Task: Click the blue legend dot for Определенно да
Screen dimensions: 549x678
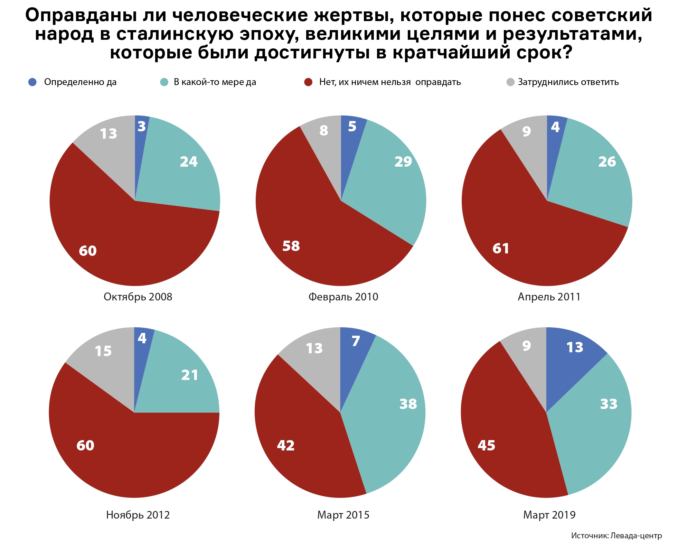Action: coord(32,82)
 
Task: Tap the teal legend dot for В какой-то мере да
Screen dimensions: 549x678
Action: coord(164,82)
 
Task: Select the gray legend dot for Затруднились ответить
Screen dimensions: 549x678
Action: coord(510,82)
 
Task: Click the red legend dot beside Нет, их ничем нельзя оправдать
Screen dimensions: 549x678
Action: coord(308,82)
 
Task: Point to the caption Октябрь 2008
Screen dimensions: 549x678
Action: coord(138,297)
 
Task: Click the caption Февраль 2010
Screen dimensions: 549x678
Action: coord(343,297)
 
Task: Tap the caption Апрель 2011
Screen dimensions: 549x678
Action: coord(549,297)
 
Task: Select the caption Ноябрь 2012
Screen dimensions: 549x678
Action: coord(138,515)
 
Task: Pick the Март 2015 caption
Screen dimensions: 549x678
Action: coord(343,515)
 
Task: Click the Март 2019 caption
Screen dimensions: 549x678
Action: coord(549,515)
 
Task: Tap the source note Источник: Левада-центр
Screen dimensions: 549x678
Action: coord(616,536)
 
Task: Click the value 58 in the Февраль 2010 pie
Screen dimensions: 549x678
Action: coord(291,246)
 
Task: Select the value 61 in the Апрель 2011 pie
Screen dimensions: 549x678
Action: coord(501,248)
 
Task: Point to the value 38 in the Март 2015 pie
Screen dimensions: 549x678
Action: coord(408,404)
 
